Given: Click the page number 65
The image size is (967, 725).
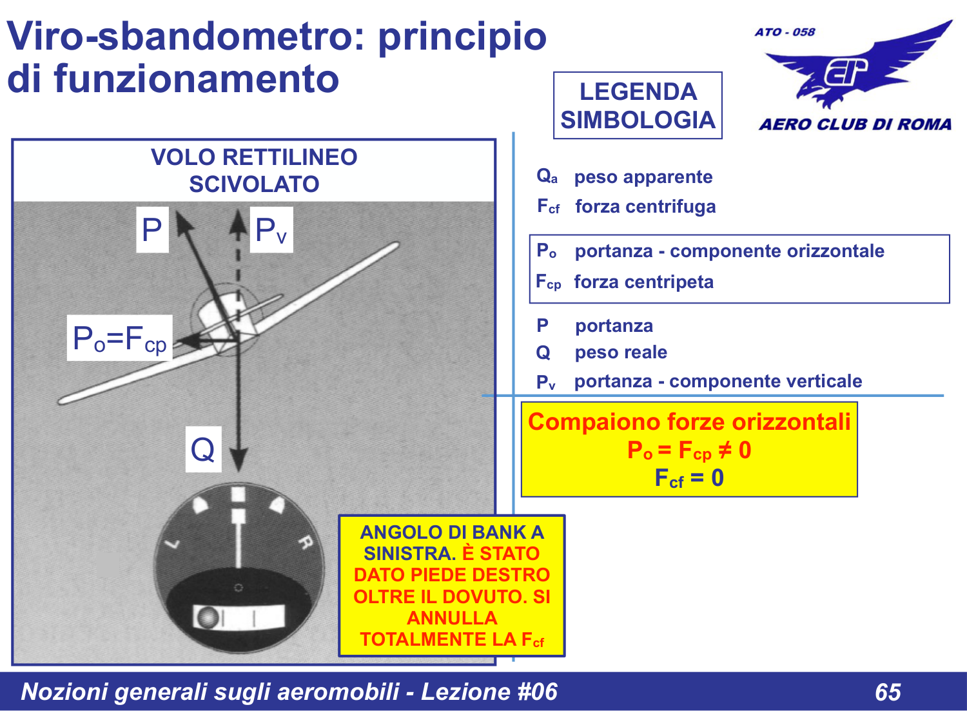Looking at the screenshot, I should coord(888,692).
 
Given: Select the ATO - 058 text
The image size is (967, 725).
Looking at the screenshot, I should coord(785,32).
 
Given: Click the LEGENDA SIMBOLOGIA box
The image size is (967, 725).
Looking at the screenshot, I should coord(638,106).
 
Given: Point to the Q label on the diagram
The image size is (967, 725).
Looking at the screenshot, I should coord(203,449).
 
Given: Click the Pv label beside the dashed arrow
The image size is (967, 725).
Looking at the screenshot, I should coord(271,230).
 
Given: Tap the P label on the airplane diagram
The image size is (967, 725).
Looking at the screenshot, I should coord(152,230).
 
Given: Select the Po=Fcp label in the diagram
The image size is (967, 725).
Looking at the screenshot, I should coord(120,338).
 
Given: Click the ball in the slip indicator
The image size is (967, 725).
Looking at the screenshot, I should coord(208,617).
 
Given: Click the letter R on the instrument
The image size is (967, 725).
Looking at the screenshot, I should coord(305,543).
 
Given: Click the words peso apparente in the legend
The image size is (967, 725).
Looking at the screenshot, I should coord(643,177).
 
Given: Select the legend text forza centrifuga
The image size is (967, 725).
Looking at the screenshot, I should coord(645,207).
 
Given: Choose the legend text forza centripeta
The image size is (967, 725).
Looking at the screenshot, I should coord(643,282).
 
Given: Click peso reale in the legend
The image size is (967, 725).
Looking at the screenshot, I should coord(621,353).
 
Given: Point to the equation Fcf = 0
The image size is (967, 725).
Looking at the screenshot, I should coord(689,479).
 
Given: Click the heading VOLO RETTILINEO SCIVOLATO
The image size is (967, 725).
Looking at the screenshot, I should coord(254,171).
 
